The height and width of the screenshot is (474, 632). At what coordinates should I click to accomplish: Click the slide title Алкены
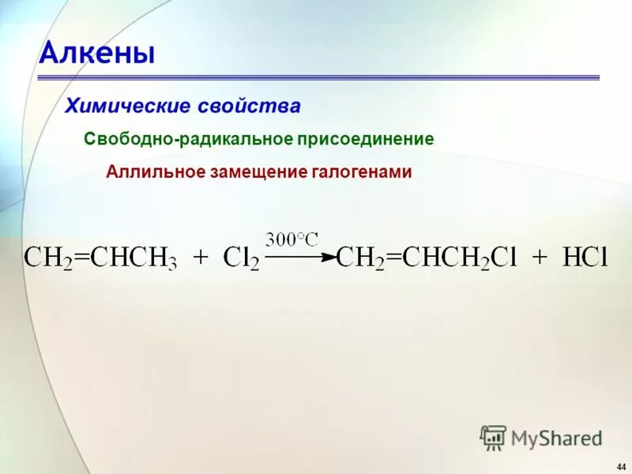97,53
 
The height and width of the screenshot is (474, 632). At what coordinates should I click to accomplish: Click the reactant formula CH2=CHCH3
100,258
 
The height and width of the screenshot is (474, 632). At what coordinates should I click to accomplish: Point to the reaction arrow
300,256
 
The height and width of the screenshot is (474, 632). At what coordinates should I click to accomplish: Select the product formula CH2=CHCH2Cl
427,258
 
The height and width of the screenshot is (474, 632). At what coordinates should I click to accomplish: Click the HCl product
584,258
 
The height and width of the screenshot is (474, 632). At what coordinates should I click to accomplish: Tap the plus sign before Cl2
201,258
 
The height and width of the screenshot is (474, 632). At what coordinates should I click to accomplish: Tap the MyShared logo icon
493,438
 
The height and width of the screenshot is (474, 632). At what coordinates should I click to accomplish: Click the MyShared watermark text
556,438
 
